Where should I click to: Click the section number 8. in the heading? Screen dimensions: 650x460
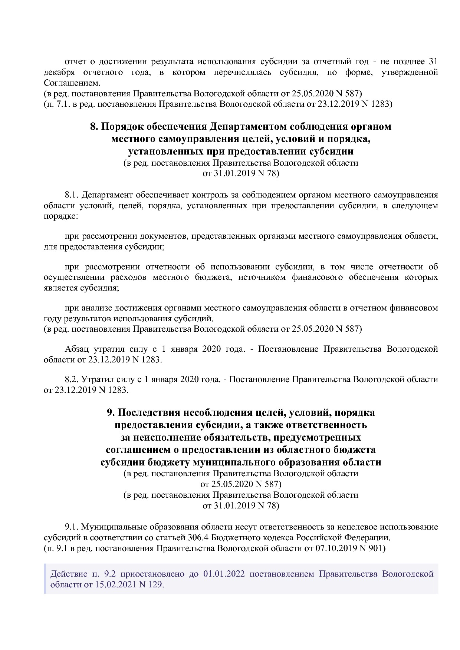coord(95,126)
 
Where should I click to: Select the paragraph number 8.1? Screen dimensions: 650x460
coord(72,195)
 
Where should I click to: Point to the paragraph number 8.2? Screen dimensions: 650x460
coord(72,379)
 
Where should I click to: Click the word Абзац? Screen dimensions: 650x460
coord(76,349)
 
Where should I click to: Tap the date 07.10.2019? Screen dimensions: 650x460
coord(336,548)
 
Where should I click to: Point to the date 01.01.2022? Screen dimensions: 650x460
coord(224,574)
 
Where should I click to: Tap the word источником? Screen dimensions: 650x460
coord(262,277)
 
